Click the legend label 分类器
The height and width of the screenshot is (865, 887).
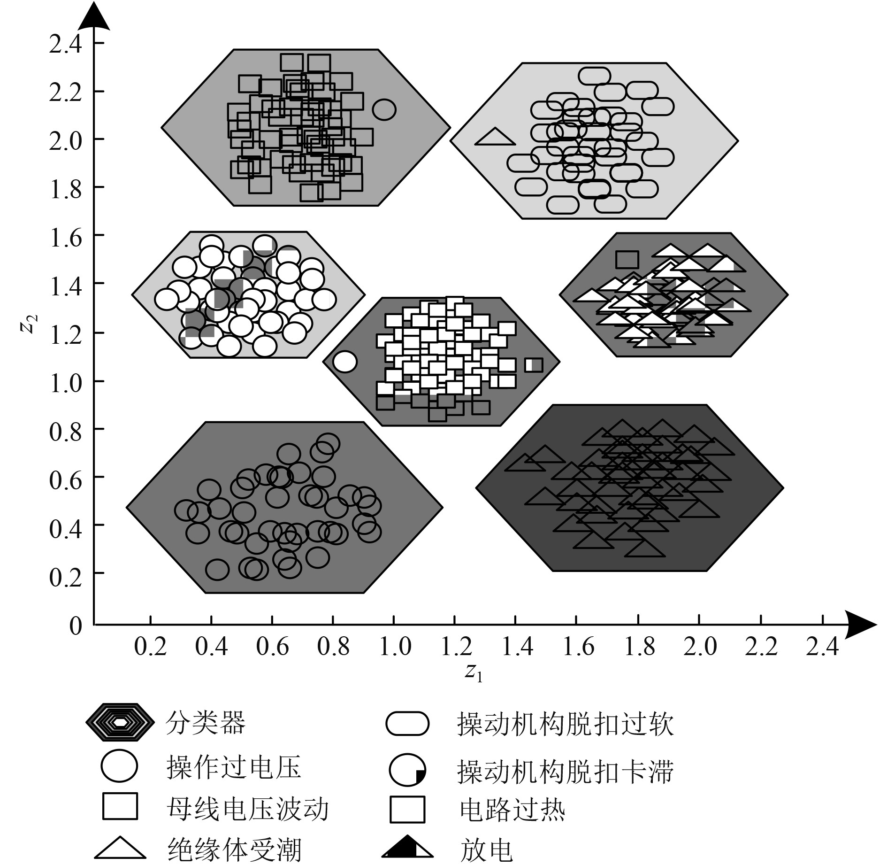point(205,723)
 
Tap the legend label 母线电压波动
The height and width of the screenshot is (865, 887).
point(247,810)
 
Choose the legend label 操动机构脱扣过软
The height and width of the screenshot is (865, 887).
point(565,724)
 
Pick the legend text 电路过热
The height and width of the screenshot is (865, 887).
point(512,810)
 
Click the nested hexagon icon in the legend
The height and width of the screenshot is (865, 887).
point(120,723)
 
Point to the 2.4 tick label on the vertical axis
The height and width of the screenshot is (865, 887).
point(65,44)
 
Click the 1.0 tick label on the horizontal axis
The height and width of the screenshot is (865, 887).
point(394,647)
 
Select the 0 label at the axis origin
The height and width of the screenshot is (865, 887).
point(76,626)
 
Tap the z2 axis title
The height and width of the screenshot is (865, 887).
point(29,323)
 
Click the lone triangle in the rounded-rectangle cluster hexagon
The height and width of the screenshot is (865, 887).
point(495,137)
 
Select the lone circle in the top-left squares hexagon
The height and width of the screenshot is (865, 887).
point(384,109)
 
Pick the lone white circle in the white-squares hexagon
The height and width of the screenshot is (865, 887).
point(345,362)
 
